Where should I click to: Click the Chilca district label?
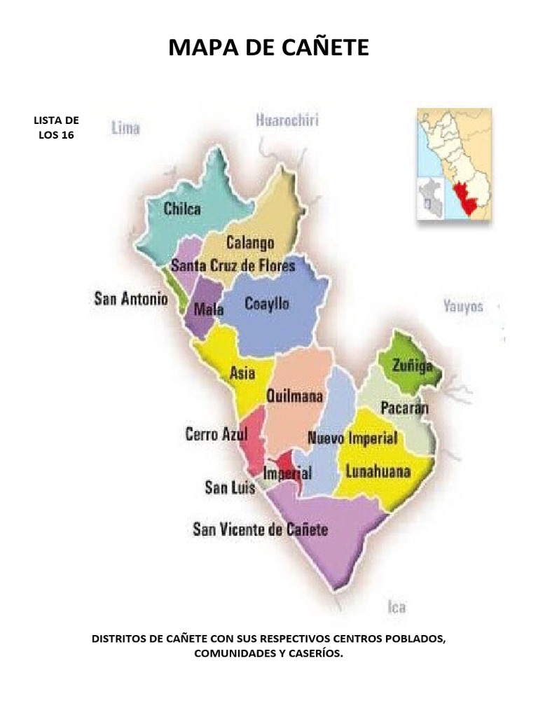tap(182, 209)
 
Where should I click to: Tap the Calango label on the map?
tap(249, 243)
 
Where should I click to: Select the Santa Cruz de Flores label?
tap(233, 266)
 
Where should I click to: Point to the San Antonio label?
tap(131, 299)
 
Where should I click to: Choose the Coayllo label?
tap(267, 304)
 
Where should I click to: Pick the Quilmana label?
tap(295, 396)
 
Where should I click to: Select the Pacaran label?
tap(404, 408)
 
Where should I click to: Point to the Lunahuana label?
tap(378, 471)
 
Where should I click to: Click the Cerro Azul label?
tap(216, 434)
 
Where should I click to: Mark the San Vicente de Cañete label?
tap(260, 529)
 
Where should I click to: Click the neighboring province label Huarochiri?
tap(287, 120)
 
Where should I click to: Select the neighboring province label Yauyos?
tap(463, 306)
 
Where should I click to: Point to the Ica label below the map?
tap(396, 606)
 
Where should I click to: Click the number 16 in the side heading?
tap(64, 134)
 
